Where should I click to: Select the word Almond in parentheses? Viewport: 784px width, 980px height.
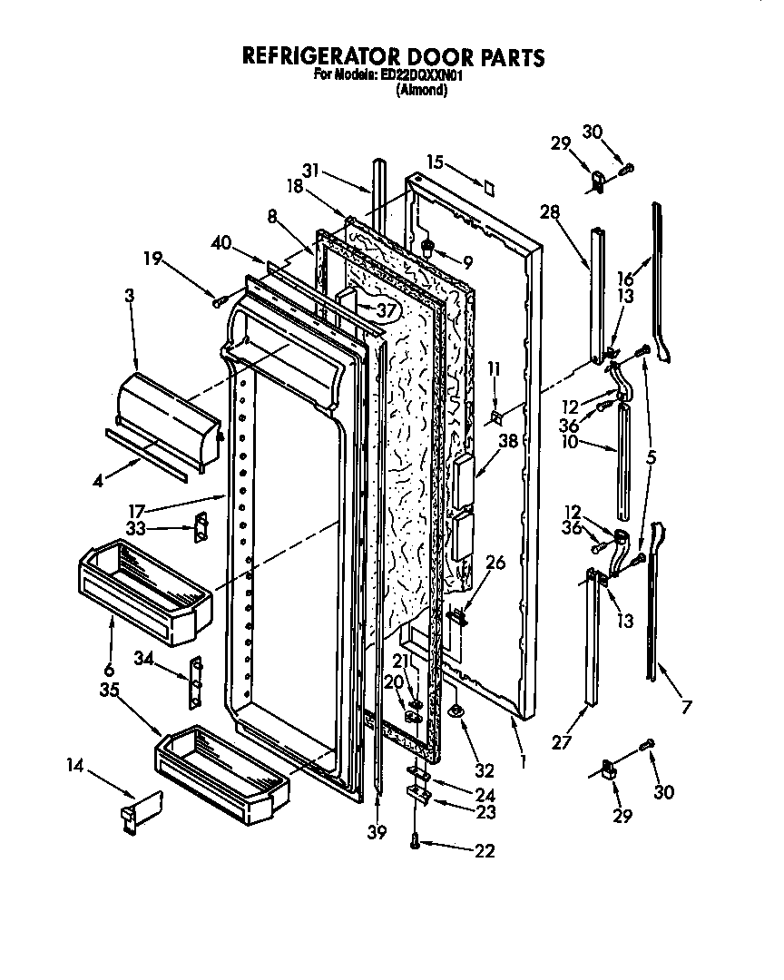422,91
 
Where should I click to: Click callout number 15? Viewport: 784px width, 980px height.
435,162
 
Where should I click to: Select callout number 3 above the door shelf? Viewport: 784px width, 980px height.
129,297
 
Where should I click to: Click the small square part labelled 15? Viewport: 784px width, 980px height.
489,188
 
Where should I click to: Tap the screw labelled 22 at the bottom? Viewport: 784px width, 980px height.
415,843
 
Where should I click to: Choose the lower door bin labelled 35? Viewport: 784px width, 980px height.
222,769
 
